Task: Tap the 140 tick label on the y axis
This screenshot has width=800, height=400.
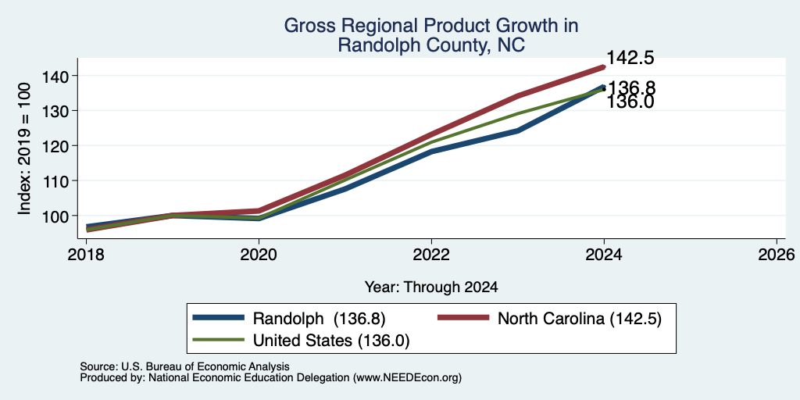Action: click(x=53, y=76)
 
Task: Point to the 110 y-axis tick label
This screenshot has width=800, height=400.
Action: click(x=53, y=180)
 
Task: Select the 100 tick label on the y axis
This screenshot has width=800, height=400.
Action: click(x=53, y=216)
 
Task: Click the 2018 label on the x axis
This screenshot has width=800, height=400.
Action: click(x=85, y=254)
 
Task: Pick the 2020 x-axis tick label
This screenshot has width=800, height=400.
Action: click(x=259, y=254)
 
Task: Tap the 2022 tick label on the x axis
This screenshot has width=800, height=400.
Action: click(x=431, y=254)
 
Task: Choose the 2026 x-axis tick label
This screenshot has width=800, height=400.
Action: click(x=777, y=254)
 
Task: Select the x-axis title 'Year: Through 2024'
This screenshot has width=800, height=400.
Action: click(x=431, y=287)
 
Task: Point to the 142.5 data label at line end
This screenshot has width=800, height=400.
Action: click(x=630, y=58)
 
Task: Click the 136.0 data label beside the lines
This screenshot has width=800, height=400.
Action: click(x=630, y=102)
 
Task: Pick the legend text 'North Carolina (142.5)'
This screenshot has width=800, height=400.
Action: click(x=580, y=319)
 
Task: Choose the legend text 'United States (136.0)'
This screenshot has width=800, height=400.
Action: click(x=331, y=341)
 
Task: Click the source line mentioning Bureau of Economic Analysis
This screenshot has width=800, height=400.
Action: click(x=184, y=366)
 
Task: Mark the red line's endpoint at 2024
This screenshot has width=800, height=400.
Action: click(x=604, y=67)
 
